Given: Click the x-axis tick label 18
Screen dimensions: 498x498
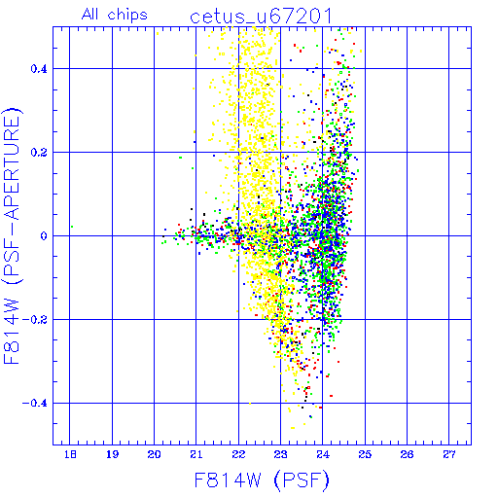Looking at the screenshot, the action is tap(70, 454).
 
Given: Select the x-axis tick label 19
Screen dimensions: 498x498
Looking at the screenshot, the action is tap(112, 454).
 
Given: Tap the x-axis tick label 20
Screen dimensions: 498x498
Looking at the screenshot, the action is tap(154, 454).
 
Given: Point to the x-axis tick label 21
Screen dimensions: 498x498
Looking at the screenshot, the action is tap(196, 454).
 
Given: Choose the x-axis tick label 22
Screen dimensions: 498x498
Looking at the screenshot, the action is tap(238, 454).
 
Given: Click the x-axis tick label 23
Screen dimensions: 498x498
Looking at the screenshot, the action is tap(280, 454).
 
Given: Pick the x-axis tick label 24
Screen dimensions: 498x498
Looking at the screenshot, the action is tap(323, 454).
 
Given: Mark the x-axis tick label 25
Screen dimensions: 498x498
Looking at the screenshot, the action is tap(365, 454).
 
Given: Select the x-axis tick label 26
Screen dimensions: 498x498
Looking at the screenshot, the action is tap(407, 454).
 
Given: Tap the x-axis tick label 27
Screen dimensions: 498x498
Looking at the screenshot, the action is tap(449, 454).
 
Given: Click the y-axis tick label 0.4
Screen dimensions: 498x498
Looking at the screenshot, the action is tap(39, 69).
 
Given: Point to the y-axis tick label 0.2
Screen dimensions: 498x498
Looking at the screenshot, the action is tap(39, 153).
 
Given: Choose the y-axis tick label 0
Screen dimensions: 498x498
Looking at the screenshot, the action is tap(44, 236).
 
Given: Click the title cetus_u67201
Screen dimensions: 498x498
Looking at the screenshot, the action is tap(261, 17).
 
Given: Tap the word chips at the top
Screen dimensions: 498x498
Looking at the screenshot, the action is tap(127, 15).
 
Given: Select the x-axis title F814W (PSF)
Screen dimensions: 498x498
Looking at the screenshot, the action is tap(262, 480).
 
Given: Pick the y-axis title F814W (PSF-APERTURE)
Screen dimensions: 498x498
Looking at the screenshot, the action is tap(12, 236).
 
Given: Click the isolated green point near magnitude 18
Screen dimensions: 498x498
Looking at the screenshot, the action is tap(72, 227).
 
